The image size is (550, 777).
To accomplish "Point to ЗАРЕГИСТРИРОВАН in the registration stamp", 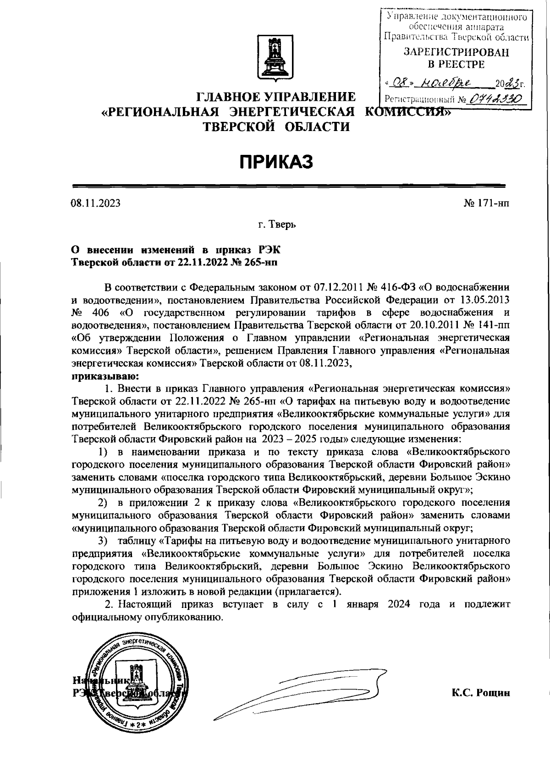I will [456, 53].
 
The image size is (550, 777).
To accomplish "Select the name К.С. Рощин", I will [480, 693].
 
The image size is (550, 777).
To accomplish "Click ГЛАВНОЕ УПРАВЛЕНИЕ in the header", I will [276, 97].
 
